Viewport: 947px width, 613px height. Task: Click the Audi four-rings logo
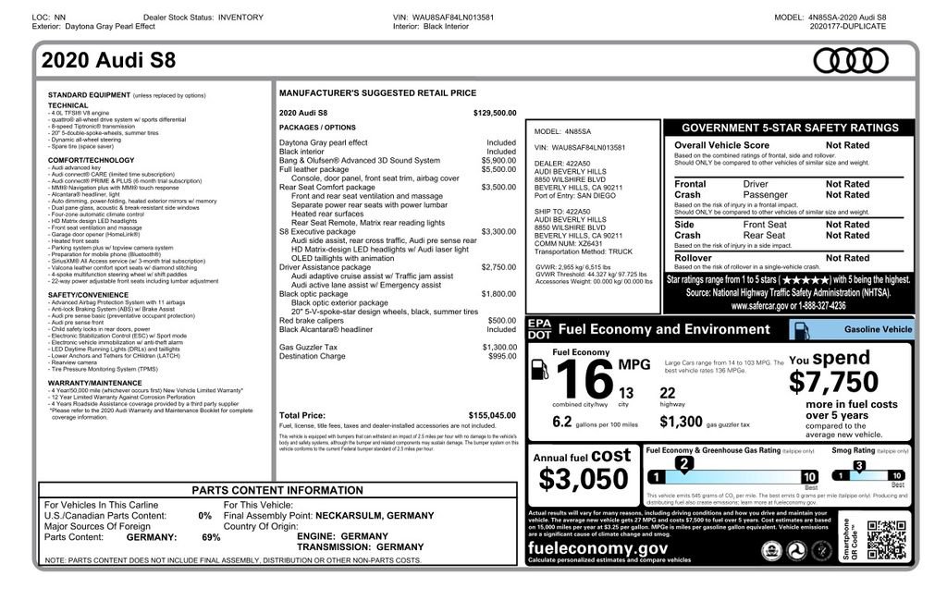pyautogui.click(x=850, y=61)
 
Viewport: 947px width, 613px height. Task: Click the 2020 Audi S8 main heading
pyautogui.click(x=108, y=62)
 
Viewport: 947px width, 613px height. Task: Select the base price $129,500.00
pyautogui.click(x=495, y=113)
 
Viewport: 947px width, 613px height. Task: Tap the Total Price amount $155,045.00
pyautogui.click(x=492, y=416)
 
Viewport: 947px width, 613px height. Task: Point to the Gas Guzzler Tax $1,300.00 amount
pyautogui.click(x=499, y=347)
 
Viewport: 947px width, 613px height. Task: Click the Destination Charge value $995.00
pyautogui.click(x=502, y=356)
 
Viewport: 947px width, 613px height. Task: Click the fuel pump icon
pyautogui.click(x=538, y=369)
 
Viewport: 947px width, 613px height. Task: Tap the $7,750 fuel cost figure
pyautogui.click(x=833, y=382)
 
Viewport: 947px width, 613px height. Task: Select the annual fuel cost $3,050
pyautogui.click(x=584, y=478)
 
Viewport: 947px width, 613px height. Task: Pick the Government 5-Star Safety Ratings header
pyautogui.click(x=789, y=128)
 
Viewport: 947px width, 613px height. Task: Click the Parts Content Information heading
pyautogui.click(x=277, y=490)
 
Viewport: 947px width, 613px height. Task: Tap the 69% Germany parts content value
pyautogui.click(x=211, y=537)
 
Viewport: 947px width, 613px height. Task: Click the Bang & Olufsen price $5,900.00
pyautogui.click(x=499, y=160)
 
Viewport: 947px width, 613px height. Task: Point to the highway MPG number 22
pyautogui.click(x=668, y=392)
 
